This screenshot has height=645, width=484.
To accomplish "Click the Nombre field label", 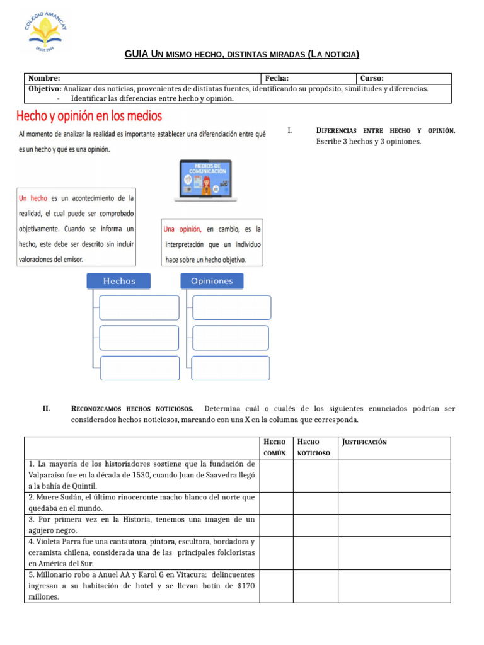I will [x=45, y=78].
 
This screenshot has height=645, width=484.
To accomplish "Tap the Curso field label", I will [x=372, y=78].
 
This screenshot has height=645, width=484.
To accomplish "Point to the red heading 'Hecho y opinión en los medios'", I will [x=89, y=116].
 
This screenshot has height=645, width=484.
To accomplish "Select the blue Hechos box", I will [x=118, y=281].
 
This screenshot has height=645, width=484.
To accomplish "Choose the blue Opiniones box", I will [x=211, y=281].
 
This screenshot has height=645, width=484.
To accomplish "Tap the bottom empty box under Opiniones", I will [x=231, y=368].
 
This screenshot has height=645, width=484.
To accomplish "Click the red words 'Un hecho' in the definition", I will [x=33, y=198].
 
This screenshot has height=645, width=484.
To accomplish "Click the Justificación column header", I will [x=365, y=442].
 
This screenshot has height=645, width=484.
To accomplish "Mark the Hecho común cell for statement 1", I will [x=276, y=475].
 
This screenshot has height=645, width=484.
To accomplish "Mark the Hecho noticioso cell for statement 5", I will [x=315, y=586].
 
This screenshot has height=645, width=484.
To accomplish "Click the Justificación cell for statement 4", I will [x=395, y=552].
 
